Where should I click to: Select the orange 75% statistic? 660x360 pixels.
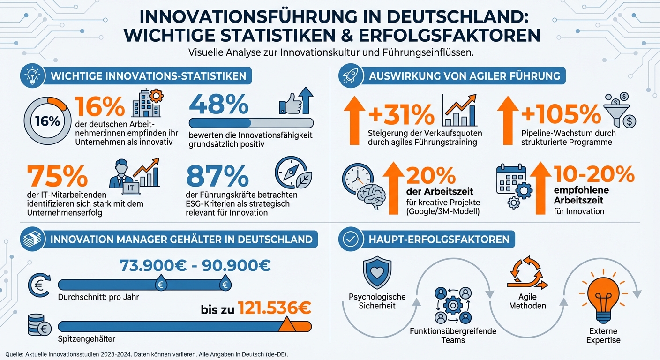click(58, 176)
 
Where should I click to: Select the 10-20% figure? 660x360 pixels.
click(594, 175)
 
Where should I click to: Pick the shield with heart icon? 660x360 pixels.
click(377, 271)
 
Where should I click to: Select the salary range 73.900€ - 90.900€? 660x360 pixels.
click(195, 265)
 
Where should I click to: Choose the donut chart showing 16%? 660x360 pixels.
click(48, 120)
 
